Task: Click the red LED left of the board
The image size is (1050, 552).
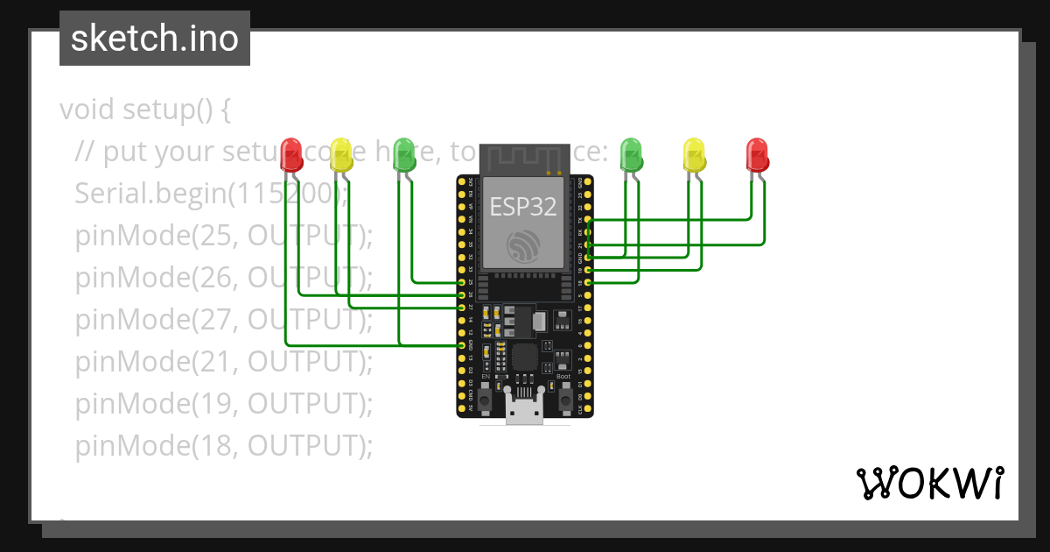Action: coord(291,154)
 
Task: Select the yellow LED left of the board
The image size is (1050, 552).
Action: coord(342,154)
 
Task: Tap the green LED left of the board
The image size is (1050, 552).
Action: coord(403,154)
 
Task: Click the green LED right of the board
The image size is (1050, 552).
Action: coord(631,154)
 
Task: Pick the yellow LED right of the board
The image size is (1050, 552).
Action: coord(694,154)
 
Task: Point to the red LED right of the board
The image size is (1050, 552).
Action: coord(757,154)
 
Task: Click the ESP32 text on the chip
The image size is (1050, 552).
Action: coord(522,207)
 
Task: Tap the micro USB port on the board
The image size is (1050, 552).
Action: coord(525,410)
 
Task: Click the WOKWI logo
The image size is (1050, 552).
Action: coord(929,483)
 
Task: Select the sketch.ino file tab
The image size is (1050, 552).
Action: coord(155,39)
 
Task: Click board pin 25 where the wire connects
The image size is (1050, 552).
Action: coord(462,283)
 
